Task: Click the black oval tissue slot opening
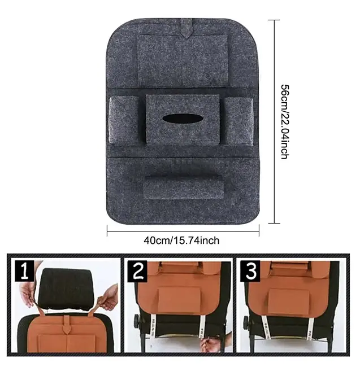click(183, 119)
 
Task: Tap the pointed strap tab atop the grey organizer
click(186, 29)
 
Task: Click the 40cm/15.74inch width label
click(181, 241)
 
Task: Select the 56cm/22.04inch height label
click(285, 122)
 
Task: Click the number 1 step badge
click(25, 271)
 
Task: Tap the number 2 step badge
click(137, 271)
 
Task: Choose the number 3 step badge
click(250, 271)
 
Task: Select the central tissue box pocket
click(183, 119)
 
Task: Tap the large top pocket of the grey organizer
click(183, 60)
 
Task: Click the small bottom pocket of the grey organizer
click(184, 187)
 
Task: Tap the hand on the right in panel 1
click(110, 297)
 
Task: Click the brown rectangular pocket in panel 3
click(289, 303)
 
